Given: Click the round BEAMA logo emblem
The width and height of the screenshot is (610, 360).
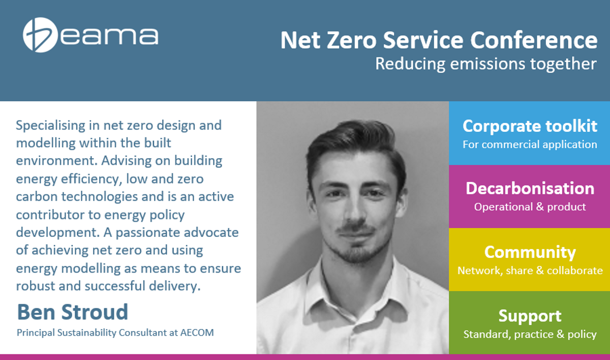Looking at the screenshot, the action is coord(40,35).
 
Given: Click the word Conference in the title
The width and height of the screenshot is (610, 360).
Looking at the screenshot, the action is coord(534,40).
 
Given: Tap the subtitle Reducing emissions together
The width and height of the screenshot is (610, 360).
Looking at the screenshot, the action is coord(486,64).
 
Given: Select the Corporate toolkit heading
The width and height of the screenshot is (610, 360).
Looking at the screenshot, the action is coord(530,126).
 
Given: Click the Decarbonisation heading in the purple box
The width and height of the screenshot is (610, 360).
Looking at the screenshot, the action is coord(530,189).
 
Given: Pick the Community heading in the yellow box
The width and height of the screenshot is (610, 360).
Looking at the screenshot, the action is coord(530,252).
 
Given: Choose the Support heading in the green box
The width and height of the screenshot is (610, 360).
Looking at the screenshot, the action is coord(530,316).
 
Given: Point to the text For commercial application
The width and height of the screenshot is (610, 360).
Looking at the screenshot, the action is coord(530,144).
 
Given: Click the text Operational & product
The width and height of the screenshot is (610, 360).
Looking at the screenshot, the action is coord(530,207).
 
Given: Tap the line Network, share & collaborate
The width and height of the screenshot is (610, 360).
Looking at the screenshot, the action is coord(530,271).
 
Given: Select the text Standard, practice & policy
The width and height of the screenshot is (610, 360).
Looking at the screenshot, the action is coord(530,334).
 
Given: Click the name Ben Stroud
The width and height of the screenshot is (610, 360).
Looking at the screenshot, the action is coord(72,312).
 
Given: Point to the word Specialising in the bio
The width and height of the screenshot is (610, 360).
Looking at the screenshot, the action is coord(50,126).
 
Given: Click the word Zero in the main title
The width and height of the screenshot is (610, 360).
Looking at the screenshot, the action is coord(352,40).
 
